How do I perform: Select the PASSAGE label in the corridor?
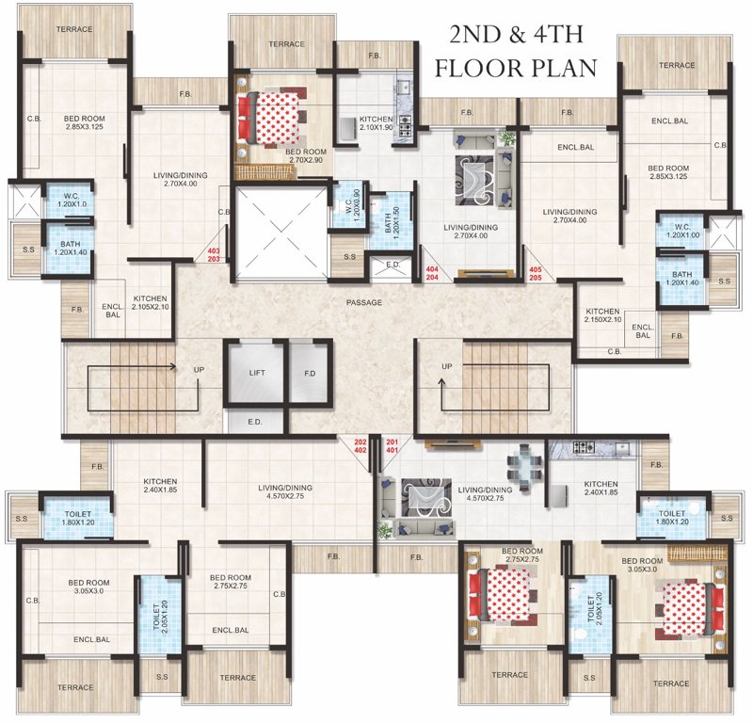click(363, 303)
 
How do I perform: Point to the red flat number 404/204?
click(432, 274)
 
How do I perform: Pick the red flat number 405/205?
click(536, 274)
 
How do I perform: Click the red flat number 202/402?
click(360, 445)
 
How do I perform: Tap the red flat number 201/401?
click(392, 445)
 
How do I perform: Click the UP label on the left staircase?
click(199, 370)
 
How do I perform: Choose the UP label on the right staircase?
click(447, 366)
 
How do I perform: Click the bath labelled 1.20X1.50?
click(383, 223)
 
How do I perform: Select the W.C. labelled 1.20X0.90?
click(348, 201)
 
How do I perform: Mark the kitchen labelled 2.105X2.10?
click(150, 301)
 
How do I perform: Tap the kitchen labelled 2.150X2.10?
click(602, 316)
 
